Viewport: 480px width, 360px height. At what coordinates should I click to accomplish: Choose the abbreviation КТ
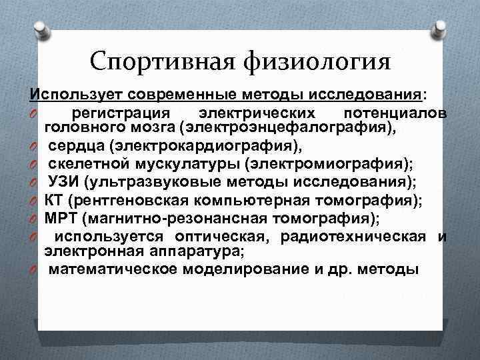(55, 200)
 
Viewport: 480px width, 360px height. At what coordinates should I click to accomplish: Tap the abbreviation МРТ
(60, 218)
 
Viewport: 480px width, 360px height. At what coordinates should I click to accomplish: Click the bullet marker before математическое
(32, 270)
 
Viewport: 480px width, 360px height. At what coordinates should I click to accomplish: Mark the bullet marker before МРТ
(32, 218)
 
